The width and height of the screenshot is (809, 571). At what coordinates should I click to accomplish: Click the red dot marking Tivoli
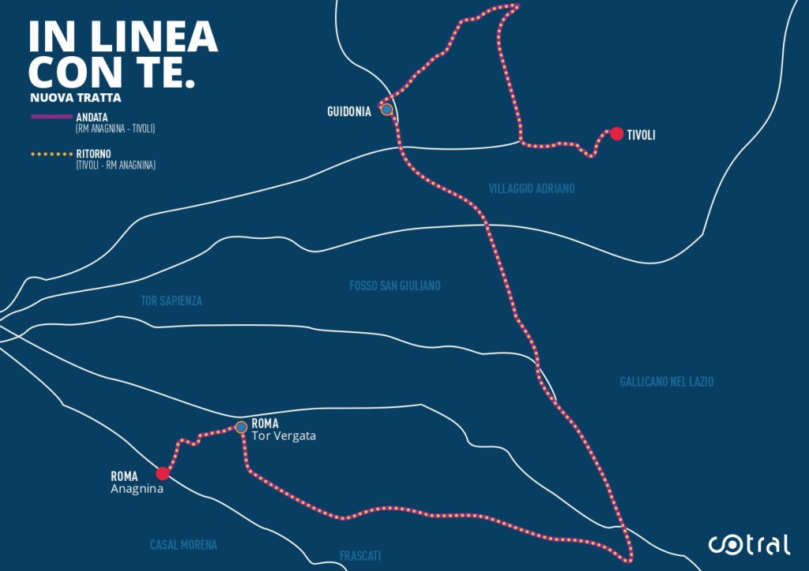(x=616, y=134)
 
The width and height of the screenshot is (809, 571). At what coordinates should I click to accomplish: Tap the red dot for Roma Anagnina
(x=163, y=474)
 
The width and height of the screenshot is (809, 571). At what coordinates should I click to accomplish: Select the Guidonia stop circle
(x=386, y=110)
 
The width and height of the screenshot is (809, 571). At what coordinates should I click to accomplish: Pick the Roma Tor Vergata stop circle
(x=241, y=427)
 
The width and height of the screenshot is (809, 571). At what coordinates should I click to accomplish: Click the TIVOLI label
(x=641, y=135)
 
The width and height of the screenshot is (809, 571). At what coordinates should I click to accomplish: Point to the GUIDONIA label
(x=349, y=112)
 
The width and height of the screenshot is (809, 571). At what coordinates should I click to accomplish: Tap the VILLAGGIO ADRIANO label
(x=532, y=189)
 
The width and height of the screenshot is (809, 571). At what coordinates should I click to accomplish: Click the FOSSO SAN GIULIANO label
(x=395, y=285)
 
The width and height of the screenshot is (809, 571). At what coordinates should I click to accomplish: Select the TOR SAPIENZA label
(x=171, y=301)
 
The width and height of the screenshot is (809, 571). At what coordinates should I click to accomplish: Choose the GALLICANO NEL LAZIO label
(x=667, y=382)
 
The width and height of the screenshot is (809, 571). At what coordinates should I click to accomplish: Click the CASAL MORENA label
(x=183, y=545)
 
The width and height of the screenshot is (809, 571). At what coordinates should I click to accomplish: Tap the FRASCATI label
(x=361, y=556)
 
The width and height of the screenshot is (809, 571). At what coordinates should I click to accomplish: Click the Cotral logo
(x=748, y=544)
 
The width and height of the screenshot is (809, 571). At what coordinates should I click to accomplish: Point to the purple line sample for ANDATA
(x=51, y=116)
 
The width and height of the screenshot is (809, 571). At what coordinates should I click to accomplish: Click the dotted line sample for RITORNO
(x=51, y=153)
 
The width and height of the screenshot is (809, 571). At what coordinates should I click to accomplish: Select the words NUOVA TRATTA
(x=76, y=98)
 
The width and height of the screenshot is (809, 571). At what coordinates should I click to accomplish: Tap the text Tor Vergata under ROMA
(x=284, y=436)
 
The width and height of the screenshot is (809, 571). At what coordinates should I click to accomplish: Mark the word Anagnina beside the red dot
(x=137, y=489)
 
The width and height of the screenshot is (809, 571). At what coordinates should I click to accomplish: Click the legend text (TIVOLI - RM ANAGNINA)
(x=115, y=165)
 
